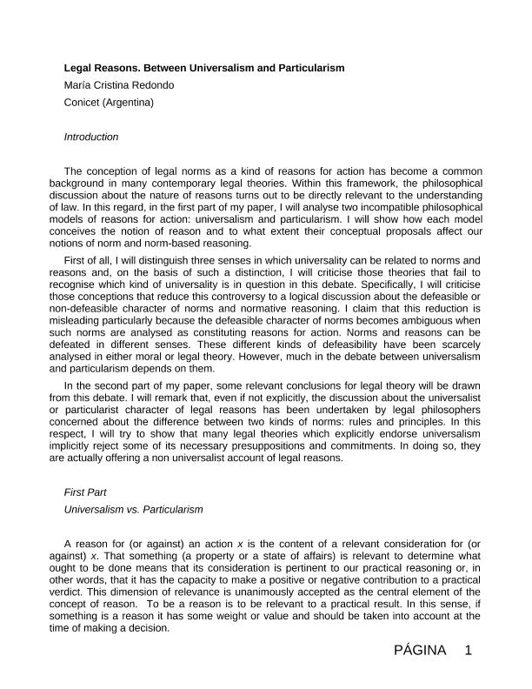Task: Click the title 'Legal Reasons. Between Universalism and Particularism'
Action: point(204,68)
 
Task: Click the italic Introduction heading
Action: point(91,137)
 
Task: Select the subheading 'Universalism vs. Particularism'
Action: point(133,509)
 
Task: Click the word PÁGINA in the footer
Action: point(419,651)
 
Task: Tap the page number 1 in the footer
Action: point(468,651)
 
